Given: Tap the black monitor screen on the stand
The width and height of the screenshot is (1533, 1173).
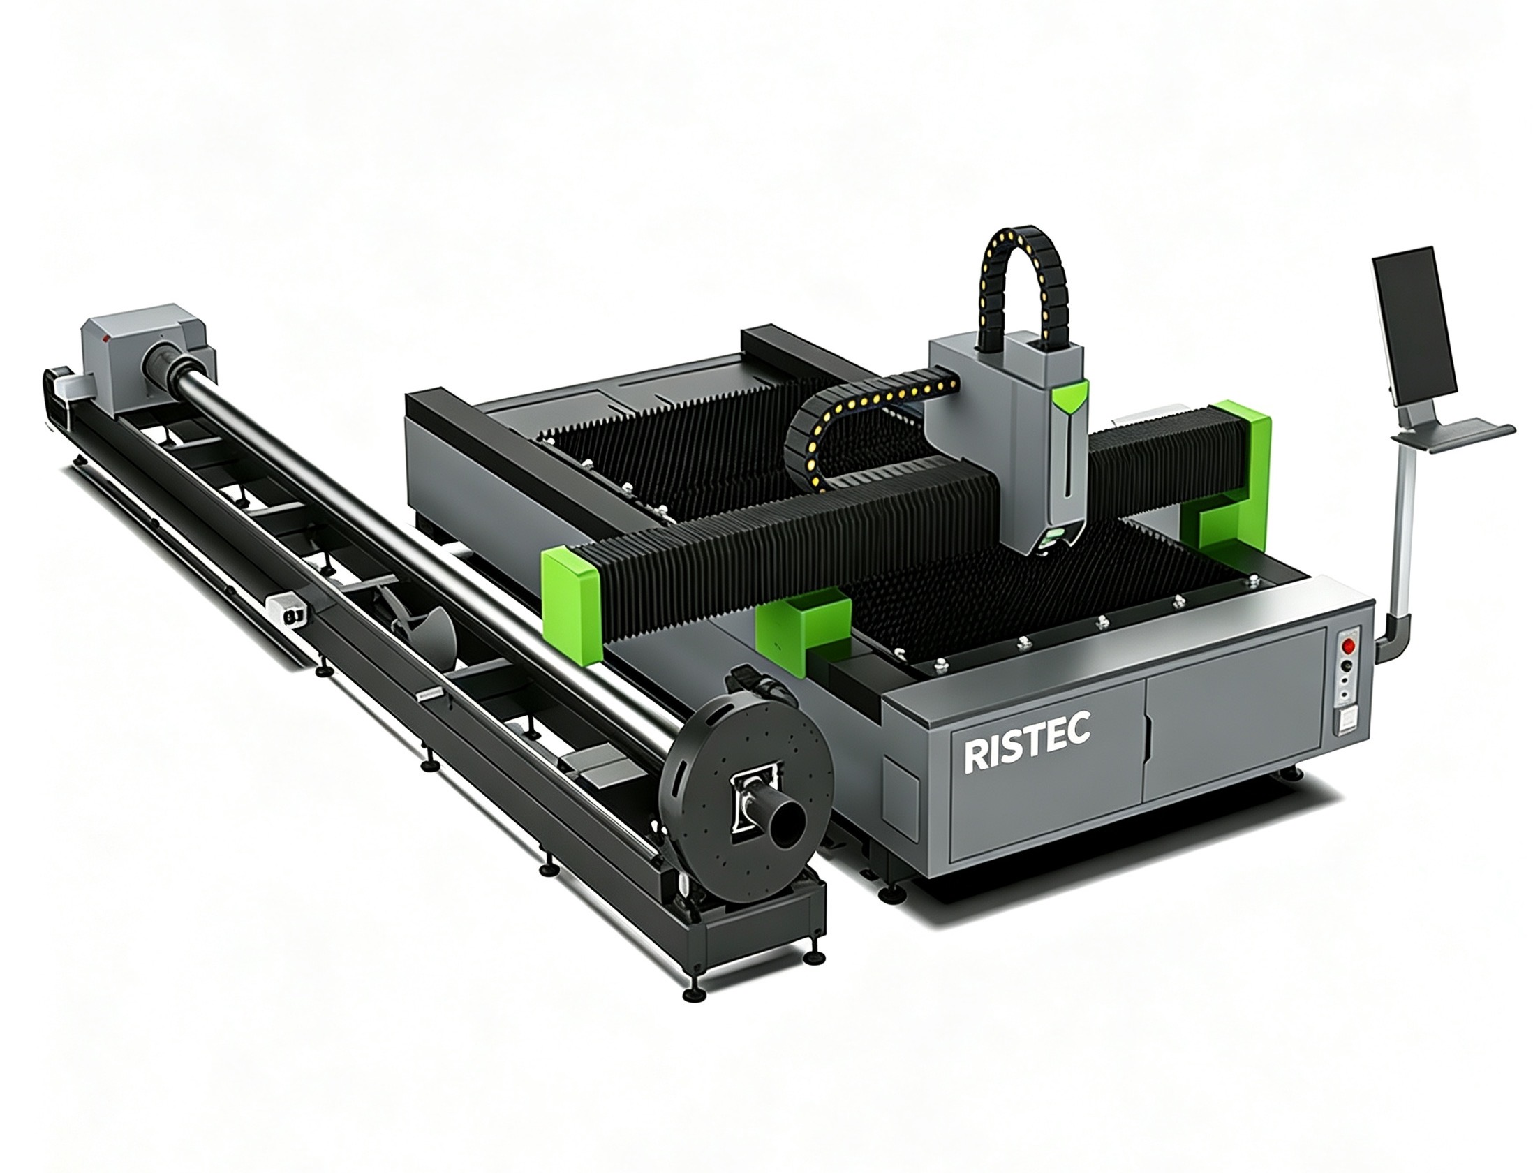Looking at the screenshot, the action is click(1408, 329).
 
